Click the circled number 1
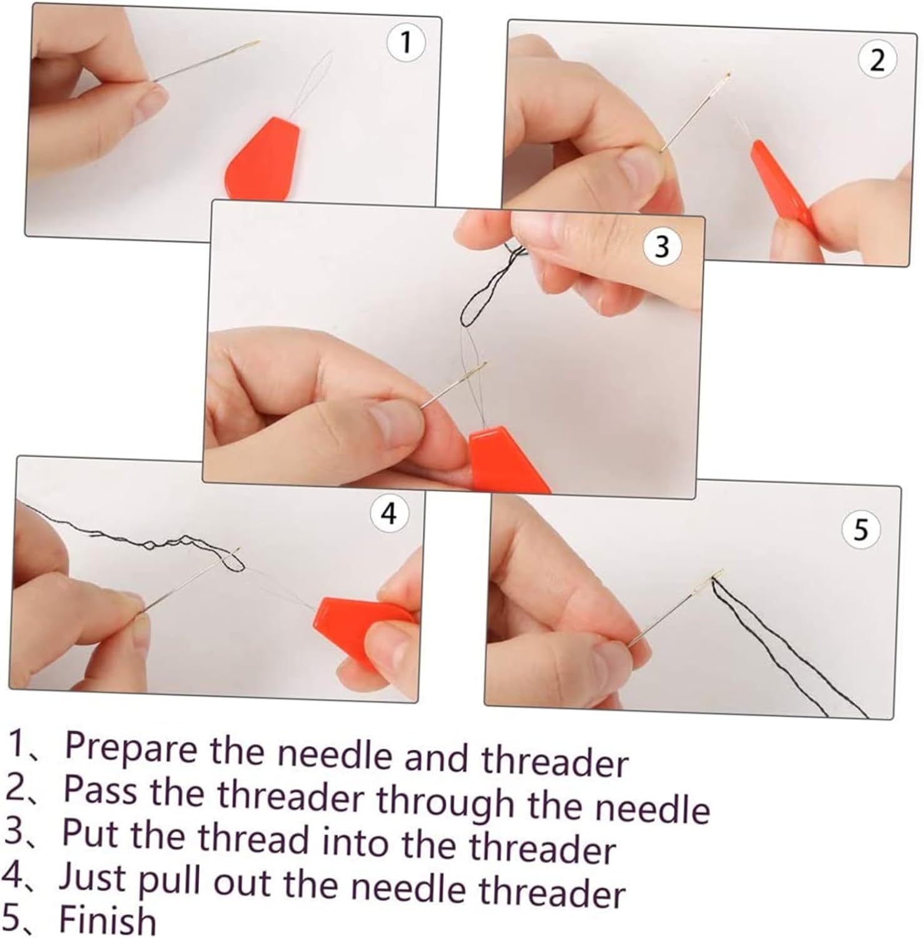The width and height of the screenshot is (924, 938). point(406,43)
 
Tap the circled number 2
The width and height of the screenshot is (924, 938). point(877,61)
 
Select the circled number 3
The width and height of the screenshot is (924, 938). point(662,248)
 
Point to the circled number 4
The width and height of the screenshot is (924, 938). point(388,514)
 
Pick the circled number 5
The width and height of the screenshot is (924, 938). point(861,530)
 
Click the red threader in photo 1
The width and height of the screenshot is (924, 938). point(262,158)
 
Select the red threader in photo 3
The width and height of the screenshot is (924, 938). point(507,456)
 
